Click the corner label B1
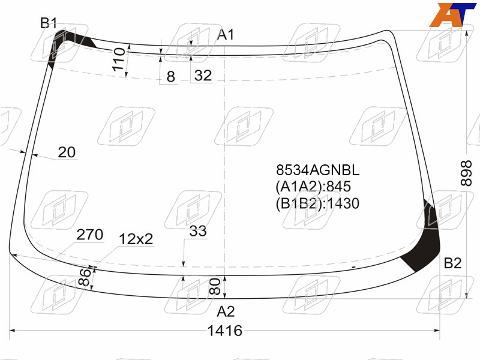(49, 23)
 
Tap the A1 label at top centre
(226, 34)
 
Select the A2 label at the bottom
(226, 311)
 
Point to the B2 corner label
(452, 263)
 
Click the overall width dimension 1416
(225, 331)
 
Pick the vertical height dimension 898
(467, 173)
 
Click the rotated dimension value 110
(119, 59)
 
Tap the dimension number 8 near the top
(171, 77)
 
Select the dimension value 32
(203, 76)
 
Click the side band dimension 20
(67, 152)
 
